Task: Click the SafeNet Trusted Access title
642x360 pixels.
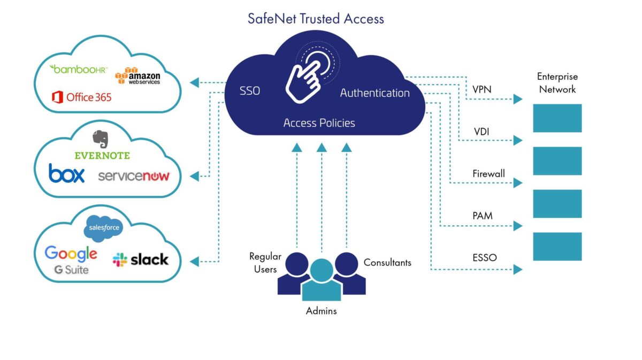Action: tap(316, 19)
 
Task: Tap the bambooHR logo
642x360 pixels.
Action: tap(79, 69)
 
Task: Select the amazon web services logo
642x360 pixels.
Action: tap(137, 76)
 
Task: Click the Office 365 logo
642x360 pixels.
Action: tap(81, 97)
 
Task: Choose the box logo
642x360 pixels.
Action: tap(66, 173)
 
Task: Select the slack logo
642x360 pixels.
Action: tap(141, 260)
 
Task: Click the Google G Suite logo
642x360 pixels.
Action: tap(71, 259)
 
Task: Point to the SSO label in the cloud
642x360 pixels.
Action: tap(250, 91)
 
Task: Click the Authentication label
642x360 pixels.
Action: tap(374, 93)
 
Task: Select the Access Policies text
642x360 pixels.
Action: tap(319, 123)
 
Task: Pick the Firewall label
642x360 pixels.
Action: tap(488, 174)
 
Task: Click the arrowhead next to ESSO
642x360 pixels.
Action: tap(518, 270)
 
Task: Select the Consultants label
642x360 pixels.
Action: tap(387, 263)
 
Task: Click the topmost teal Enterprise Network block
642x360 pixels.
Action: tap(557, 118)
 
